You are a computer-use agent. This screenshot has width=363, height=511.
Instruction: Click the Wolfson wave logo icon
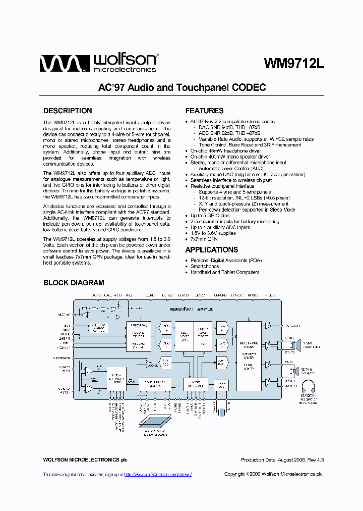60,64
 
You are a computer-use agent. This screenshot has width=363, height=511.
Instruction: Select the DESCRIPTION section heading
68,111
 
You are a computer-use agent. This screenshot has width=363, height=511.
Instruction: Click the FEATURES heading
204,111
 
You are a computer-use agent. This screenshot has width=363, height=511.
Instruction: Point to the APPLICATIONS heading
211,249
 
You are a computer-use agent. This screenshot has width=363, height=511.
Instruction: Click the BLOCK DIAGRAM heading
74,283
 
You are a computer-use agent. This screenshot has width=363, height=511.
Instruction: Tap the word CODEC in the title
249,87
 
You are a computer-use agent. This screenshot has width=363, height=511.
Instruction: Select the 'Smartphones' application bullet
205,266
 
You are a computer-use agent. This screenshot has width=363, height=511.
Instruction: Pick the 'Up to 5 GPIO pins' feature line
210,216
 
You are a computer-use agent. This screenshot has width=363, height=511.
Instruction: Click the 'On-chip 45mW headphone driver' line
225,150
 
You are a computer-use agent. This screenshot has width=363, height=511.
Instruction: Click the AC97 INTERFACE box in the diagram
196,384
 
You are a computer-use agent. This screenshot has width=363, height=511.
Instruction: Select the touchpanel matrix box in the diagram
154,383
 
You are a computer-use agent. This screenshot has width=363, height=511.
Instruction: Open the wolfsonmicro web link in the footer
157,475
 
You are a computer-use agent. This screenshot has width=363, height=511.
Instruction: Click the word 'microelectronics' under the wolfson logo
129,69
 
